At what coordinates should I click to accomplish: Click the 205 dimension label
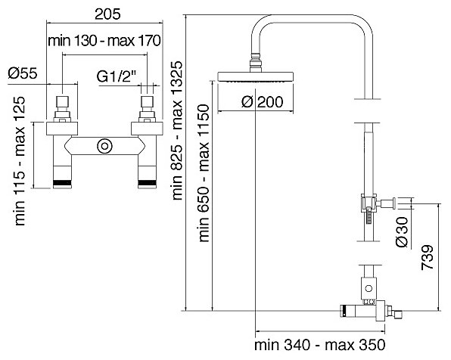click(107, 14)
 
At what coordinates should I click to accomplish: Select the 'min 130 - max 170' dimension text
click(104, 41)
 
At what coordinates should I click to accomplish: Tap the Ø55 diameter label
click(23, 73)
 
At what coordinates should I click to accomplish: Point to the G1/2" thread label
click(117, 76)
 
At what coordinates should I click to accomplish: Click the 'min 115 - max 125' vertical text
click(20, 161)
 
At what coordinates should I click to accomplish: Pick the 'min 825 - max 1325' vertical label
click(177, 130)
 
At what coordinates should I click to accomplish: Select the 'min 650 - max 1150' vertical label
click(204, 173)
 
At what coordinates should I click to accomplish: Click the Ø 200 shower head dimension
click(262, 102)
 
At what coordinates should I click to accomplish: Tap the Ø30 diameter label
click(402, 232)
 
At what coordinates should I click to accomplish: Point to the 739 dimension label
click(427, 257)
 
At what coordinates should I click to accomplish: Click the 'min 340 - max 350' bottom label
click(319, 344)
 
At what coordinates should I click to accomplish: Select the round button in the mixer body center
click(104, 147)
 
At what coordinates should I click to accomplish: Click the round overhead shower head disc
click(256, 77)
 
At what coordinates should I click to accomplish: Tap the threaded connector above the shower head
click(256, 63)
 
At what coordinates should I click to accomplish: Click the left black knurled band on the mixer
click(62, 182)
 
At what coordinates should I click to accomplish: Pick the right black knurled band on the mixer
click(148, 182)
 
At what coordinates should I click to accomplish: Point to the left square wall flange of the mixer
click(62, 129)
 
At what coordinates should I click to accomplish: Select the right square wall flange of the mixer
click(147, 129)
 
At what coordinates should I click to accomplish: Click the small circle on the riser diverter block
click(369, 288)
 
